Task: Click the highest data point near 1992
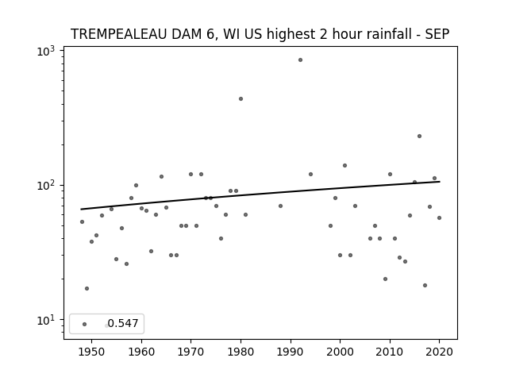(x=300, y=60)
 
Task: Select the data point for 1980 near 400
(x=241, y=98)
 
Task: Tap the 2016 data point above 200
(x=419, y=136)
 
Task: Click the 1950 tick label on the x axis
(x=92, y=352)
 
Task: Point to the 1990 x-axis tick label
(x=291, y=352)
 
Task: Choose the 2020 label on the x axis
(x=439, y=352)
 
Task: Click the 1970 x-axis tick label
(x=190, y=352)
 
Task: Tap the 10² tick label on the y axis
(x=46, y=185)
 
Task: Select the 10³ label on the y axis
(x=46, y=51)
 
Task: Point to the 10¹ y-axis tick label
(x=46, y=320)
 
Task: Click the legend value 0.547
(x=123, y=323)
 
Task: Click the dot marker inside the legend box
(x=85, y=324)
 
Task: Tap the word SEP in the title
(x=437, y=34)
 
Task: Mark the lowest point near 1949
(x=87, y=288)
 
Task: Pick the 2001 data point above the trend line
(x=344, y=166)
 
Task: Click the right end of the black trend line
(x=440, y=182)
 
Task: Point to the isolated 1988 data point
(x=280, y=206)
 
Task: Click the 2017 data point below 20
(x=425, y=286)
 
